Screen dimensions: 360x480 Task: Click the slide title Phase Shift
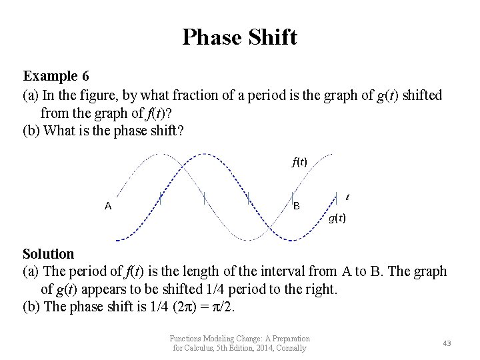pyautogui.click(x=239, y=37)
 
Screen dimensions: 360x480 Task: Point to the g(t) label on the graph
pyautogui.click(x=337, y=218)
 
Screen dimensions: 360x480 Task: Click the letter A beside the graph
pyautogui.click(x=108, y=206)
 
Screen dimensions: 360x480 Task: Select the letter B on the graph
pyautogui.click(x=297, y=206)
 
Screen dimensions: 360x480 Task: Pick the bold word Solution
pyautogui.click(x=49, y=254)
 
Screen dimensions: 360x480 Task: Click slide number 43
pyautogui.click(x=447, y=343)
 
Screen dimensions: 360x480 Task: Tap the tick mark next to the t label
pyautogui.click(x=337, y=197)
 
